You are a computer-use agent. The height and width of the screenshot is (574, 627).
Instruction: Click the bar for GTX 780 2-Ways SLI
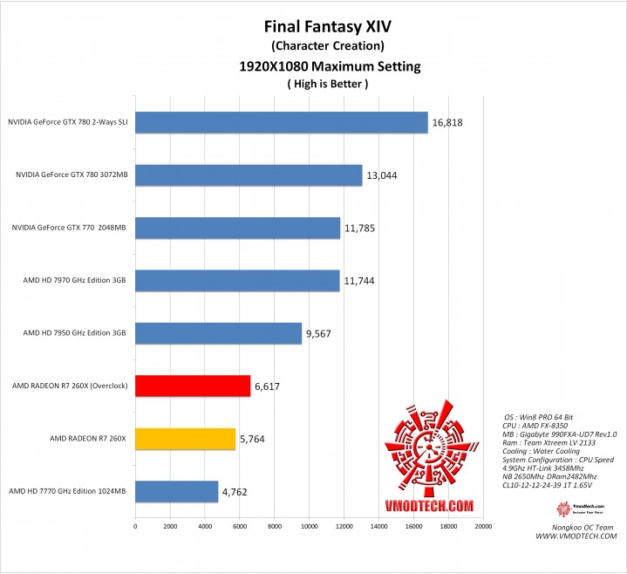coord(281,123)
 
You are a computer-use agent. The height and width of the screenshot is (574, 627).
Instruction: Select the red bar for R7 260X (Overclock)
coord(192,386)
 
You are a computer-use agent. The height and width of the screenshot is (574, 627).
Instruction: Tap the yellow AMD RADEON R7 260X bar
coord(185,439)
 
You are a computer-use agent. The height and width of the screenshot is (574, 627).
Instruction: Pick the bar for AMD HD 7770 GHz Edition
coord(176,491)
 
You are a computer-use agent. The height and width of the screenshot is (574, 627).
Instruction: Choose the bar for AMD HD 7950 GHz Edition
coord(218,333)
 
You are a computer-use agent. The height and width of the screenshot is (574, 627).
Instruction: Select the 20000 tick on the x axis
coord(483,527)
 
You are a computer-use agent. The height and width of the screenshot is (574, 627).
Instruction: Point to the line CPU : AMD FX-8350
coord(534,424)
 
